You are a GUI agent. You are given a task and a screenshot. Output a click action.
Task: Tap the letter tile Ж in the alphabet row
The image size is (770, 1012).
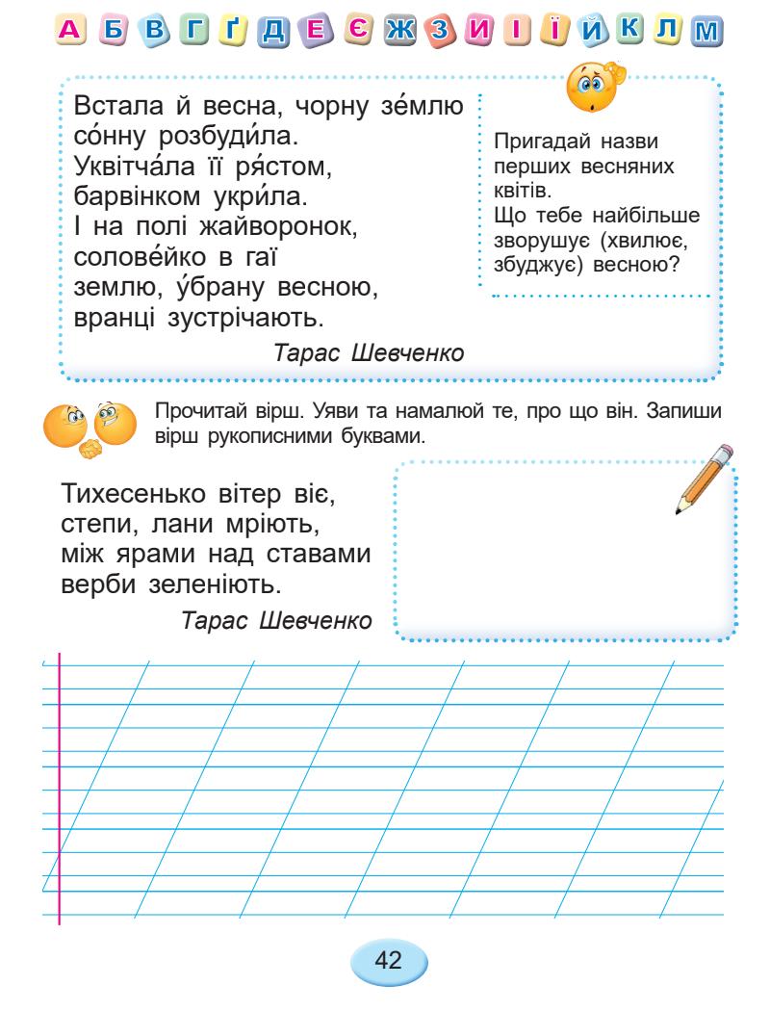pos(395,33)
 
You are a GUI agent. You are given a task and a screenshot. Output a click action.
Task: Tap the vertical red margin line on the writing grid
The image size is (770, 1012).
pos(60,790)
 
